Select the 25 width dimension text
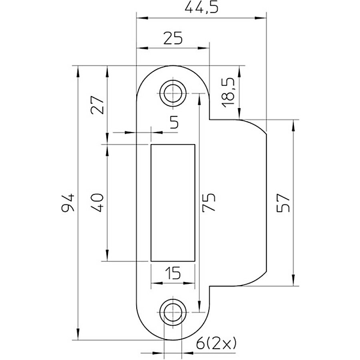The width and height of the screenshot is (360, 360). [173, 38]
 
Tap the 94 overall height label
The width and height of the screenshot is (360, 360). [68, 203]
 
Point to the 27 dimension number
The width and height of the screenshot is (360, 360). [97, 104]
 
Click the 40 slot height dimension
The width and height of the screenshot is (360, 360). [97, 203]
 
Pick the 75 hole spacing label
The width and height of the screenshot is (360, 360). [208, 202]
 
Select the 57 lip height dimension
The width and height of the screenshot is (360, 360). [283, 203]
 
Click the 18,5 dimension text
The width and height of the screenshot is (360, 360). [228, 93]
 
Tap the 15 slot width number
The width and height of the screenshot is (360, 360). [173, 273]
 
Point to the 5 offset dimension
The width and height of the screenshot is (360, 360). [175, 122]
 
